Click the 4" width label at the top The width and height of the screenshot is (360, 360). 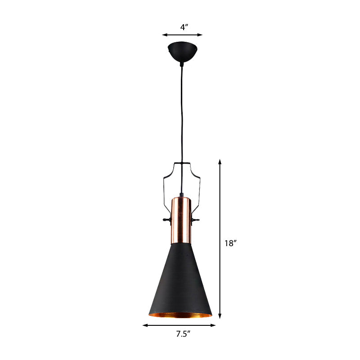coord(184,27)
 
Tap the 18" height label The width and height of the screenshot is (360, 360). coord(230,243)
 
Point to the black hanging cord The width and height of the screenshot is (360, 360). coord(182,112)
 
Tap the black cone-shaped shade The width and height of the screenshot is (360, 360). coord(181,279)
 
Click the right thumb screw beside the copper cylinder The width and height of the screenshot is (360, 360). coord(196,220)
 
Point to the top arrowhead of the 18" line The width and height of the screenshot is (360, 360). coord(220,160)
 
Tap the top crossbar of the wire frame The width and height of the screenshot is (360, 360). coord(182,163)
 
